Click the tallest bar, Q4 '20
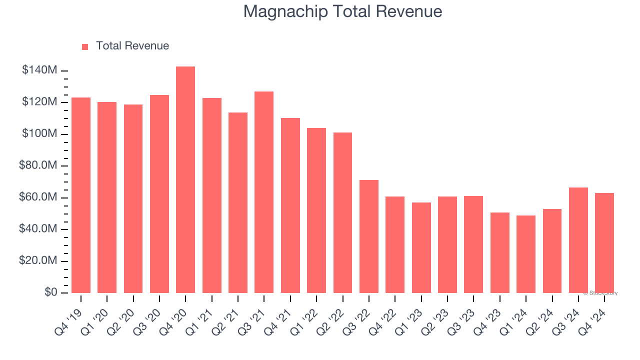(x=185, y=180)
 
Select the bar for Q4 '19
(x=81, y=195)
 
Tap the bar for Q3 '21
(x=264, y=192)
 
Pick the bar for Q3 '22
(x=368, y=236)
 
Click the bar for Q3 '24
(x=578, y=240)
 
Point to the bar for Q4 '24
(x=604, y=243)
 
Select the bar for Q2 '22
(x=342, y=212)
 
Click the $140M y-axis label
(x=39, y=70)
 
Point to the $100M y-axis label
(x=39, y=134)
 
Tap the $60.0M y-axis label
(x=38, y=197)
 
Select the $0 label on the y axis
(x=51, y=292)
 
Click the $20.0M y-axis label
(x=38, y=261)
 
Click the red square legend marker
(x=85, y=46)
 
